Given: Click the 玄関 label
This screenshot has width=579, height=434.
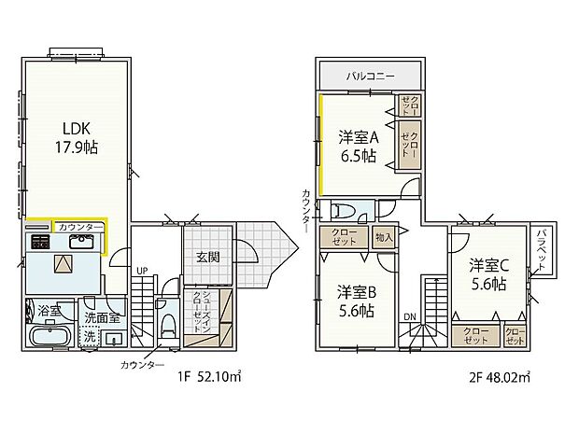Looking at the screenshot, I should [207, 257].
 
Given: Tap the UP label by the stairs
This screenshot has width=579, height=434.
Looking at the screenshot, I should [142, 272].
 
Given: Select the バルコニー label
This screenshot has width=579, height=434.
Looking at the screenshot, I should [373, 74].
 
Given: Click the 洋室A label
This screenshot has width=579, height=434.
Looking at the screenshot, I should [357, 136].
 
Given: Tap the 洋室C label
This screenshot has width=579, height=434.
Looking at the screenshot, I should [488, 264].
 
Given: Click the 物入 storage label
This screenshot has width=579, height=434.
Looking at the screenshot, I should [383, 236].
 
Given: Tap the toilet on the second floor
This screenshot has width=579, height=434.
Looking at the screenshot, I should [345, 209].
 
